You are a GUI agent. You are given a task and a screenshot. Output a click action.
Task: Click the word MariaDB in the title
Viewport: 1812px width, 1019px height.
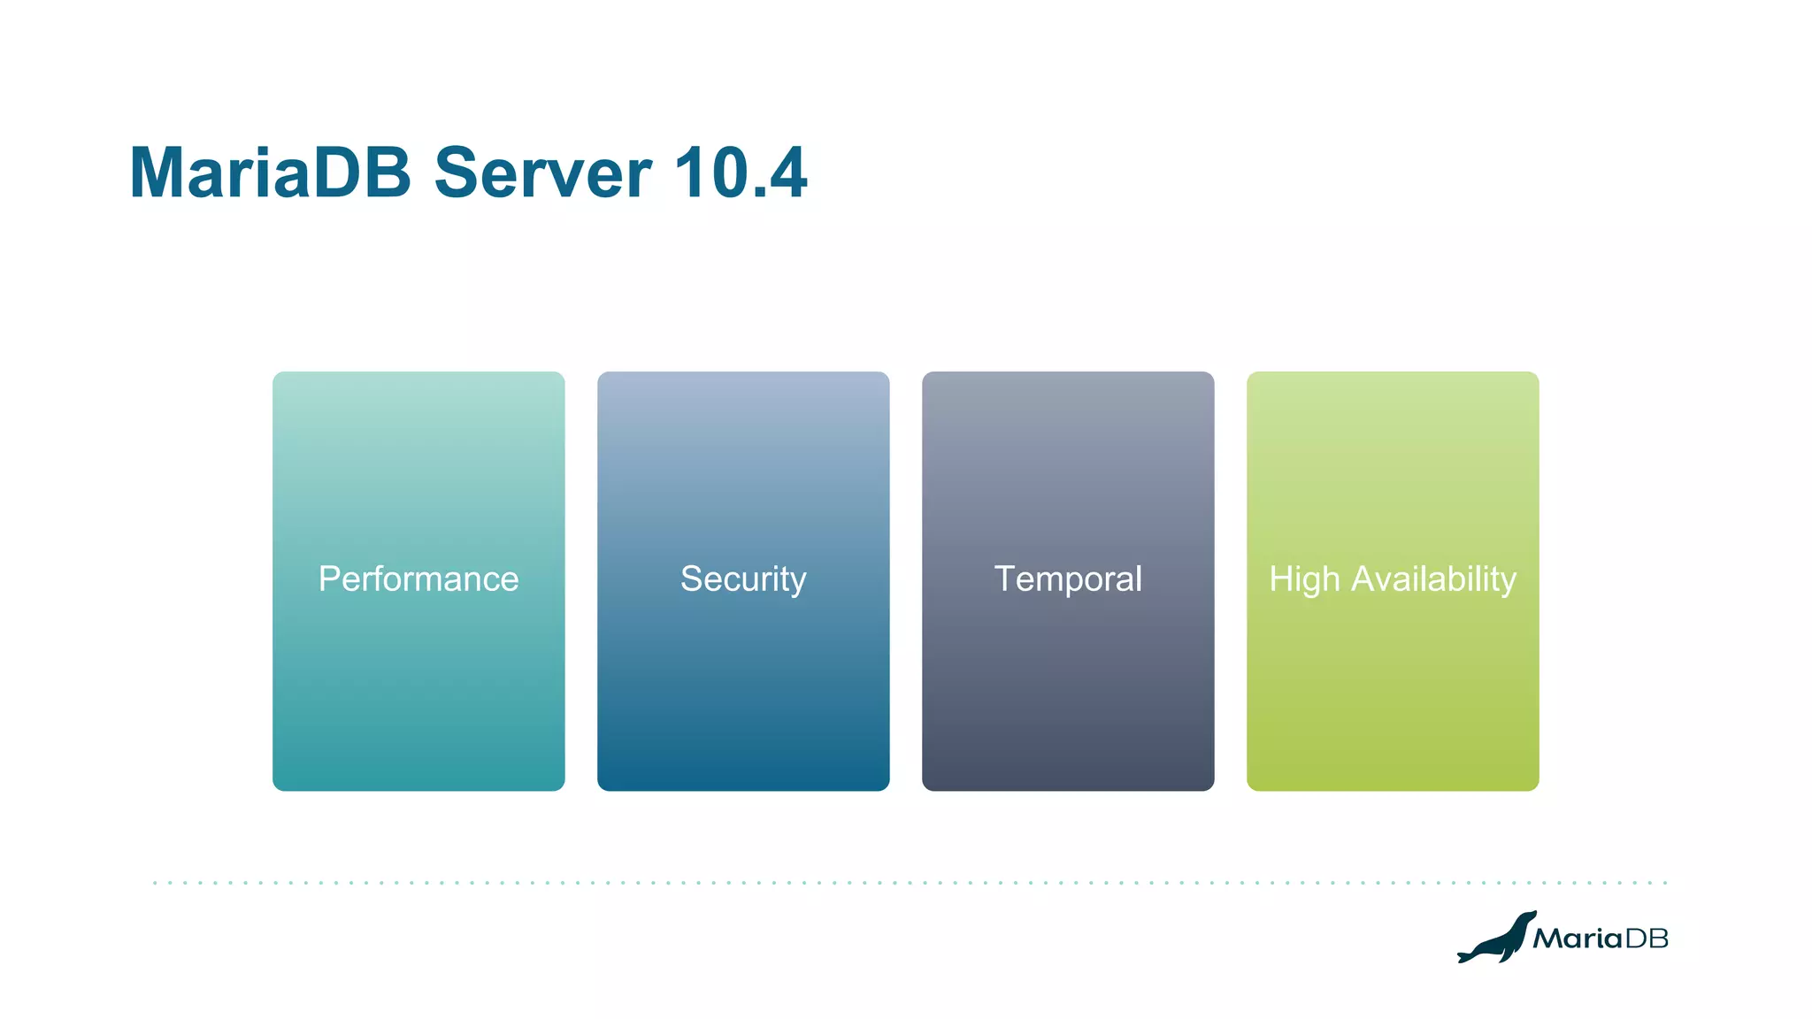click(270, 172)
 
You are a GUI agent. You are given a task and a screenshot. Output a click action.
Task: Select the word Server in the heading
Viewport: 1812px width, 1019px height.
click(542, 172)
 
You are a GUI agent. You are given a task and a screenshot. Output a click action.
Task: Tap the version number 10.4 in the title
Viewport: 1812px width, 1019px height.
click(740, 172)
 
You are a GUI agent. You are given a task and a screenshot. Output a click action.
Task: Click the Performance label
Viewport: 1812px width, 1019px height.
click(418, 579)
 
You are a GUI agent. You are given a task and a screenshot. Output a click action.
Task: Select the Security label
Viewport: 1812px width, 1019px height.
click(743, 579)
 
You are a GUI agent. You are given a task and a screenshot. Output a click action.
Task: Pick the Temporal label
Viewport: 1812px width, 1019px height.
click(1068, 579)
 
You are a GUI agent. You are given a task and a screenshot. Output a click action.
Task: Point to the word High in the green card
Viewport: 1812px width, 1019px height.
click(1304, 579)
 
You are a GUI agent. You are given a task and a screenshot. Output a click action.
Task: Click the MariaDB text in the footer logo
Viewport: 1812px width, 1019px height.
click(1600, 939)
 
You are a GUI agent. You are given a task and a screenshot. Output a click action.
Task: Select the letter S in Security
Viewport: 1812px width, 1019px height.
click(691, 579)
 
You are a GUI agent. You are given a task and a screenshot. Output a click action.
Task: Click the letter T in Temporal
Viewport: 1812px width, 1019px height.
click(1005, 579)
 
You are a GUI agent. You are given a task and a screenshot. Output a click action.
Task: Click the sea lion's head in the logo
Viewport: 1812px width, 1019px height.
click(1529, 918)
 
